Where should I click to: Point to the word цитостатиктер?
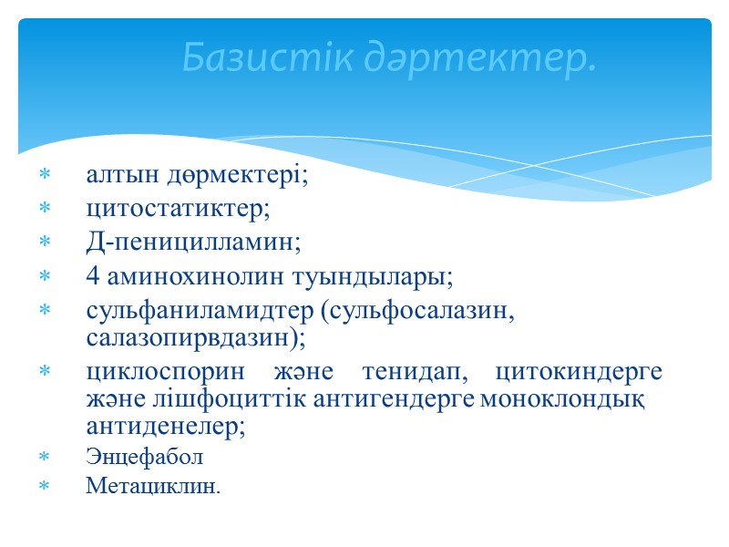click(x=178, y=209)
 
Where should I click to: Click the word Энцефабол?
click(x=144, y=456)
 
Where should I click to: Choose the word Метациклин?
click(x=152, y=486)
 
